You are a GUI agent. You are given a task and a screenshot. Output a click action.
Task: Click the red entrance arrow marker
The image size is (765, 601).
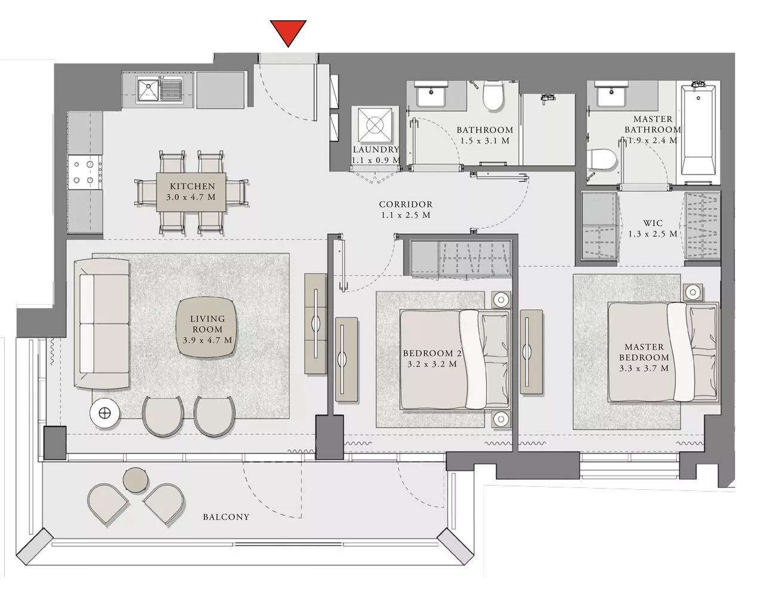288,32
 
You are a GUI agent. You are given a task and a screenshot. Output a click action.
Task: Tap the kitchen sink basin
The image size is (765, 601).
147,90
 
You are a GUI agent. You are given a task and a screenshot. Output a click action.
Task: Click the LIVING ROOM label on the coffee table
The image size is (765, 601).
207,324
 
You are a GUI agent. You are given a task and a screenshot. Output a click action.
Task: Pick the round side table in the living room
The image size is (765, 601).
105,412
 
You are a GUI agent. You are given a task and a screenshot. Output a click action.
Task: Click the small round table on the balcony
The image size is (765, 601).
134,480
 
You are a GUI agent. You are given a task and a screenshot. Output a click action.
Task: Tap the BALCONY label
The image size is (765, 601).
225,517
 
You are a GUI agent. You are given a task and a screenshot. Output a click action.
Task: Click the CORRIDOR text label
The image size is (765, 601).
405,204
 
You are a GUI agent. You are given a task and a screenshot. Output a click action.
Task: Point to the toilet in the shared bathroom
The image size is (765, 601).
494,97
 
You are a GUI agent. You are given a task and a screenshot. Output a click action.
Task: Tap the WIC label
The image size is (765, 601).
653,223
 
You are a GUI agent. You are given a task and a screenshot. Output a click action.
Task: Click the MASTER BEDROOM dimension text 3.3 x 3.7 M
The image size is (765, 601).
644,368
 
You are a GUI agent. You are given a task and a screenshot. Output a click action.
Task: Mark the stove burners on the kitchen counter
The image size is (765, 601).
84,170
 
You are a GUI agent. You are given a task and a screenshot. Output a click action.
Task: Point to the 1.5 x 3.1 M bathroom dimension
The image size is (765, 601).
485,141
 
